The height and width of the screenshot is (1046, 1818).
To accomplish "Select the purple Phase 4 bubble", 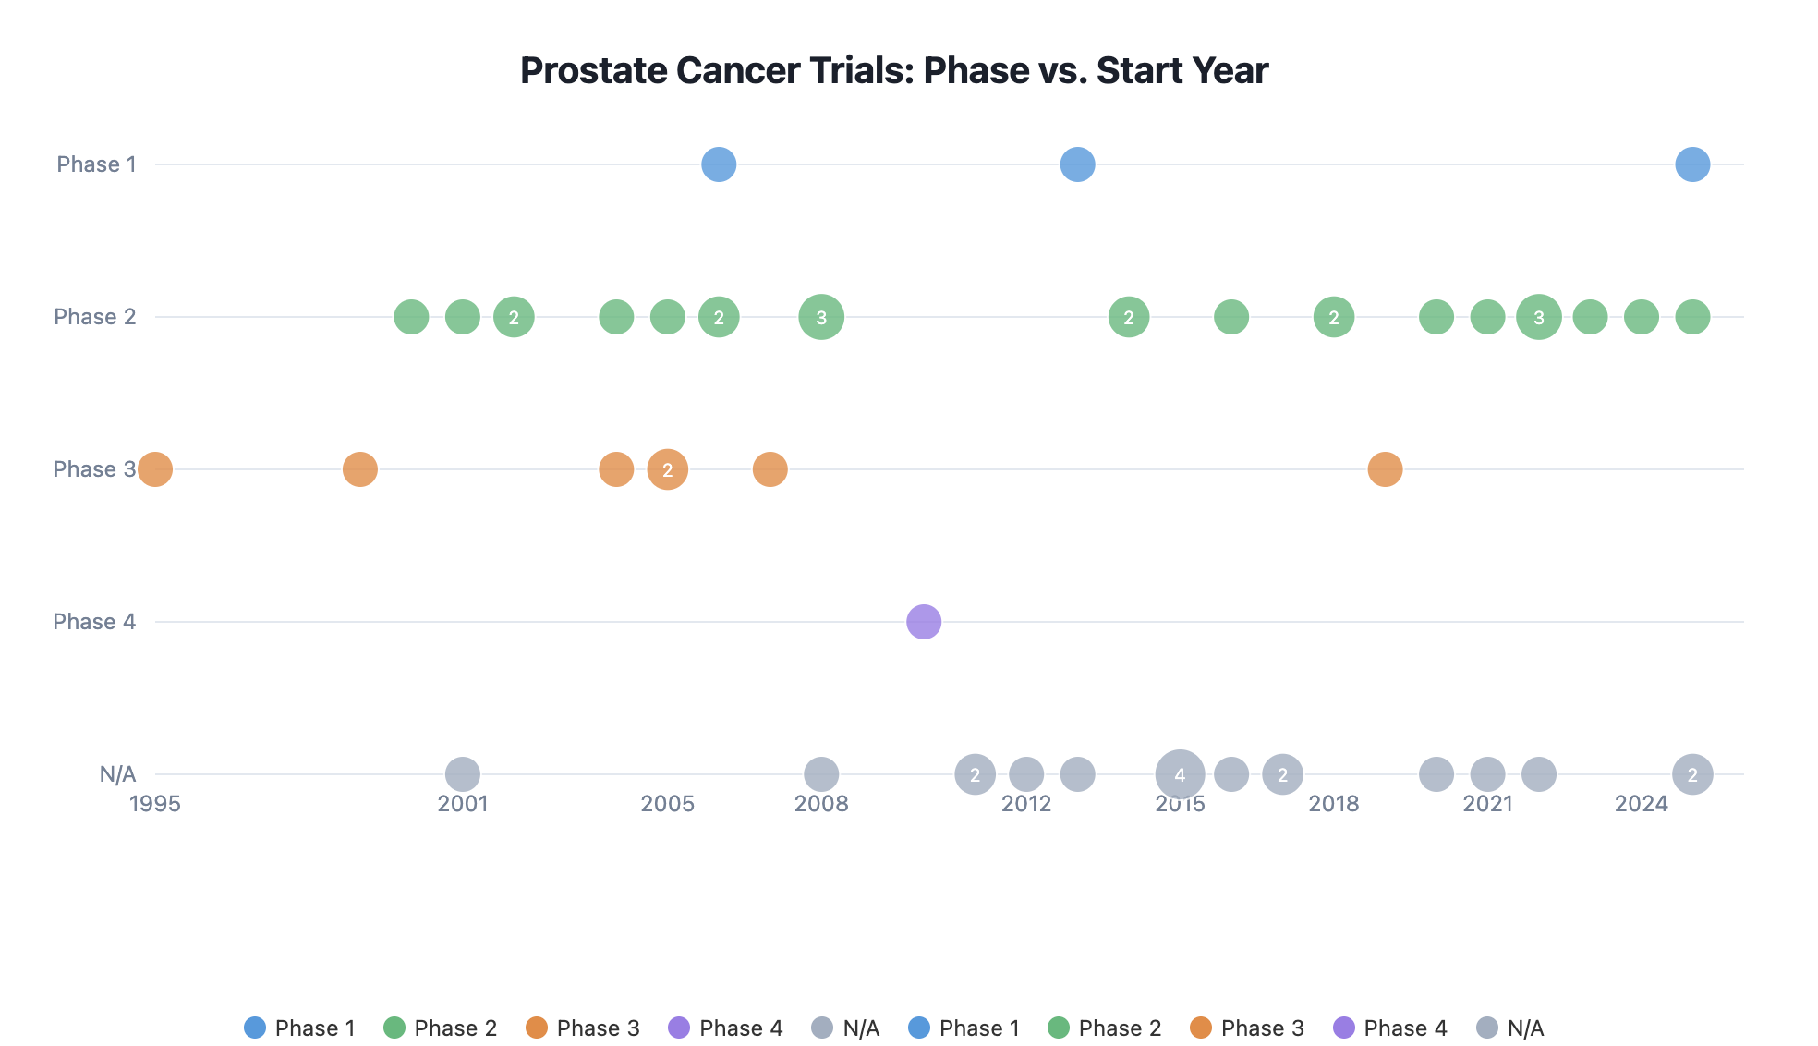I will pyautogui.click(x=923, y=622).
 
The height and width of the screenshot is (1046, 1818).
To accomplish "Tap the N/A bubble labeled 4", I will pyautogui.click(x=1180, y=774).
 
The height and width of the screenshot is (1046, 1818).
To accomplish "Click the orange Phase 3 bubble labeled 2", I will pyautogui.click(x=667, y=469).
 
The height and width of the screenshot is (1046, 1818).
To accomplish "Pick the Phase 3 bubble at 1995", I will pyautogui.click(x=155, y=469).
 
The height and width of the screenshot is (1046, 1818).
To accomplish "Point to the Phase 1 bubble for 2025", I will pyautogui.click(x=1691, y=164).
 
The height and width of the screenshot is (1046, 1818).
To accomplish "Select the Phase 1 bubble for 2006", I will pyautogui.click(x=719, y=164).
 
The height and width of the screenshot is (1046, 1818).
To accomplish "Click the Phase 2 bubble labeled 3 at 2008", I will pyautogui.click(x=821, y=317).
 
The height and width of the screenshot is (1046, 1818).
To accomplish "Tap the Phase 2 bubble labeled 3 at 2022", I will pyautogui.click(x=1538, y=317).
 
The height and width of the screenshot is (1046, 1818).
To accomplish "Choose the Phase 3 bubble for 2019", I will pyautogui.click(x=1384, y=469).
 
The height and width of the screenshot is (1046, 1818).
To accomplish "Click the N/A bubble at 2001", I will pyautogui.click(x=463, y=774).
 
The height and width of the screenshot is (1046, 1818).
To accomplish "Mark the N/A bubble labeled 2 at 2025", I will pyautogui.click(x=1691, y=774).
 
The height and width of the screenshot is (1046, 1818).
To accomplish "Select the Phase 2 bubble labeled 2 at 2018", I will pyautogui.click(x=1333, y=317).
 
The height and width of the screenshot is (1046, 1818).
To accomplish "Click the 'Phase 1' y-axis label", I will pyautogui.click(x=96, y=164).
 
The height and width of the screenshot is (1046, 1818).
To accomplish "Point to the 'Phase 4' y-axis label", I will pyautogui.click(x=94, y=622).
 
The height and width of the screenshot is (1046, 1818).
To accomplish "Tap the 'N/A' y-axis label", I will pyautogui.click(x=117, y=774).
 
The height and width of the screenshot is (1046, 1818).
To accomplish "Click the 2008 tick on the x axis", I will pyautogui.click(x=821, y=804).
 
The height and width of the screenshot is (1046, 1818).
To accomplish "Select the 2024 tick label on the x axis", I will pyautogui.click(x=1641, y=804).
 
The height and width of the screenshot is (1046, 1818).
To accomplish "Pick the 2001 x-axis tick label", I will pyautogui.click(x=463, y=804).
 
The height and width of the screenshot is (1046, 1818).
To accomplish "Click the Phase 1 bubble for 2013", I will pyautogui.click(x=1077, y=164).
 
